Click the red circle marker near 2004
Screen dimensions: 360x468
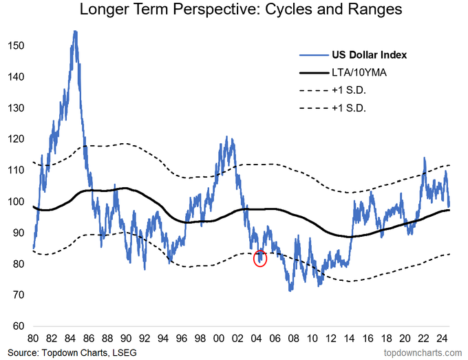click(260, 259)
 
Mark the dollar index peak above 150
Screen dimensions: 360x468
click(74, 32)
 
